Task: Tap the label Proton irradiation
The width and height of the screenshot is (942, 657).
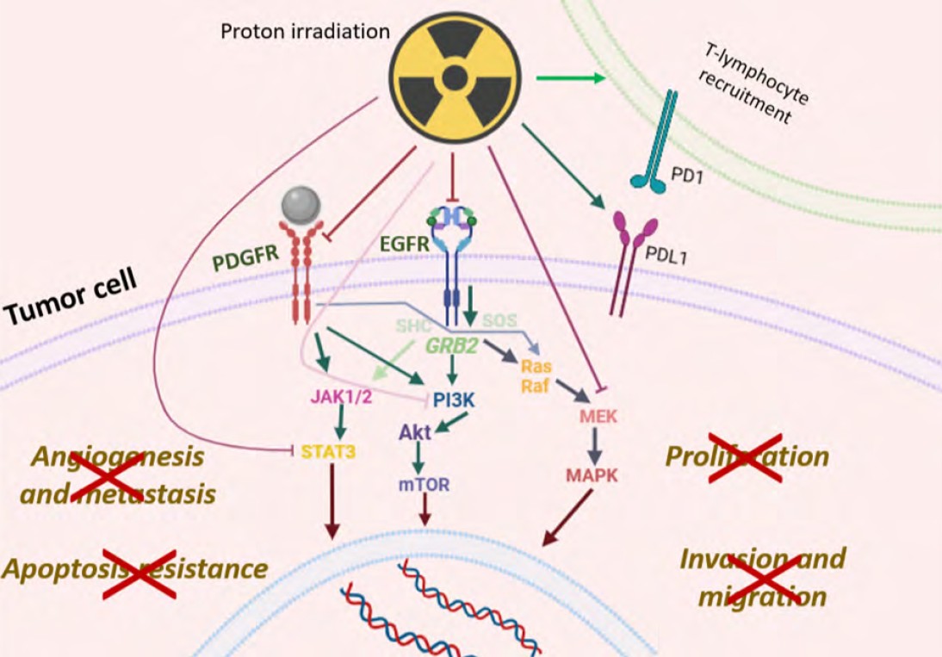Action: click(x=306, y=32)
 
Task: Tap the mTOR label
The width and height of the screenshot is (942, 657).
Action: click(x=424, y=484)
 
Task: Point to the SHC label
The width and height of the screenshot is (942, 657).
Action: click(x=414, y=325)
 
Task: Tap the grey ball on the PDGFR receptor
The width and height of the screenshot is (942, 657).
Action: click(x=301, y=206)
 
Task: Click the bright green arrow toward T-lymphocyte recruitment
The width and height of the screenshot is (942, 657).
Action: click(x=571, y=78)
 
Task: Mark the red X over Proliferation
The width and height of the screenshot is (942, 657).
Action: click(x=746, y=457)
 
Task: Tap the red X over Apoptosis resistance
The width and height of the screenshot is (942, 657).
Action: click(x=139, y=573)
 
